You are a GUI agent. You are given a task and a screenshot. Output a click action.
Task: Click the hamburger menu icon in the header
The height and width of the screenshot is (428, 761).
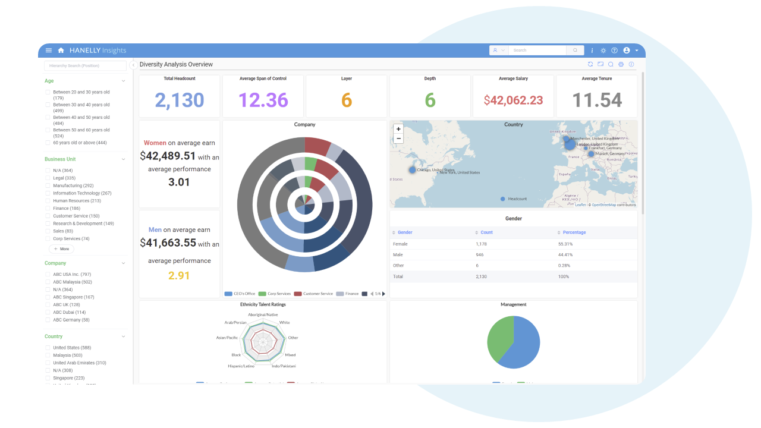(49, 51)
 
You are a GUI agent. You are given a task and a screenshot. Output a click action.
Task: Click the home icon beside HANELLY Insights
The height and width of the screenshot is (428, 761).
(61, 51)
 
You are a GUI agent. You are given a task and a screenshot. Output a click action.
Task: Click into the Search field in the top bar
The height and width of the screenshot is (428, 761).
(538, 51)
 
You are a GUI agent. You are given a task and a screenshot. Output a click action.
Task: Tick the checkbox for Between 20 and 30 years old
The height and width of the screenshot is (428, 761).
(48, 92)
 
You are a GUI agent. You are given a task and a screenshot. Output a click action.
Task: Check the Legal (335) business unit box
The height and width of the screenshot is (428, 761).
(48, 178)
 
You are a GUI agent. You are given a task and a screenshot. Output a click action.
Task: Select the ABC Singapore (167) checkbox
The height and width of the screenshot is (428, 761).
(48, 297)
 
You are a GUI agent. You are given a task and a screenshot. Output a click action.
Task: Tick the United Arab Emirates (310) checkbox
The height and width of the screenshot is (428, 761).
(48, 363)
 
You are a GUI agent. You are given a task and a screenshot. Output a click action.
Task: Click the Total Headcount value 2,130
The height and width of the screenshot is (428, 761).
(179, 100)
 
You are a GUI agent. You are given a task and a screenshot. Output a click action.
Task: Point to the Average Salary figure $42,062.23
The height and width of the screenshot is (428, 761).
(513, 100)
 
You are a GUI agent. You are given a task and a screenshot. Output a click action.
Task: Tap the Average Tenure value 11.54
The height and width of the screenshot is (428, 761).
(597, 100)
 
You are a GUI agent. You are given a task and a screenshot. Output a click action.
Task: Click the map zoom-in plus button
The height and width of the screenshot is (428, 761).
(398, 129)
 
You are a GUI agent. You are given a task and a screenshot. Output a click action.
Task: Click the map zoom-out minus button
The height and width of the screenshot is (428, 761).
(398, 139)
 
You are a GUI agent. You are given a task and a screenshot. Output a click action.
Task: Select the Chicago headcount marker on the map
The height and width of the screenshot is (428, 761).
(413, 170)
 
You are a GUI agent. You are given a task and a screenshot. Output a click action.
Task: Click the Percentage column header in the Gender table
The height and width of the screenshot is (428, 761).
(574, 232)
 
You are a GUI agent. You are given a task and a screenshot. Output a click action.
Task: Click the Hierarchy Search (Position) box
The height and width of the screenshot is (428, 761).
(86, 65)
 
